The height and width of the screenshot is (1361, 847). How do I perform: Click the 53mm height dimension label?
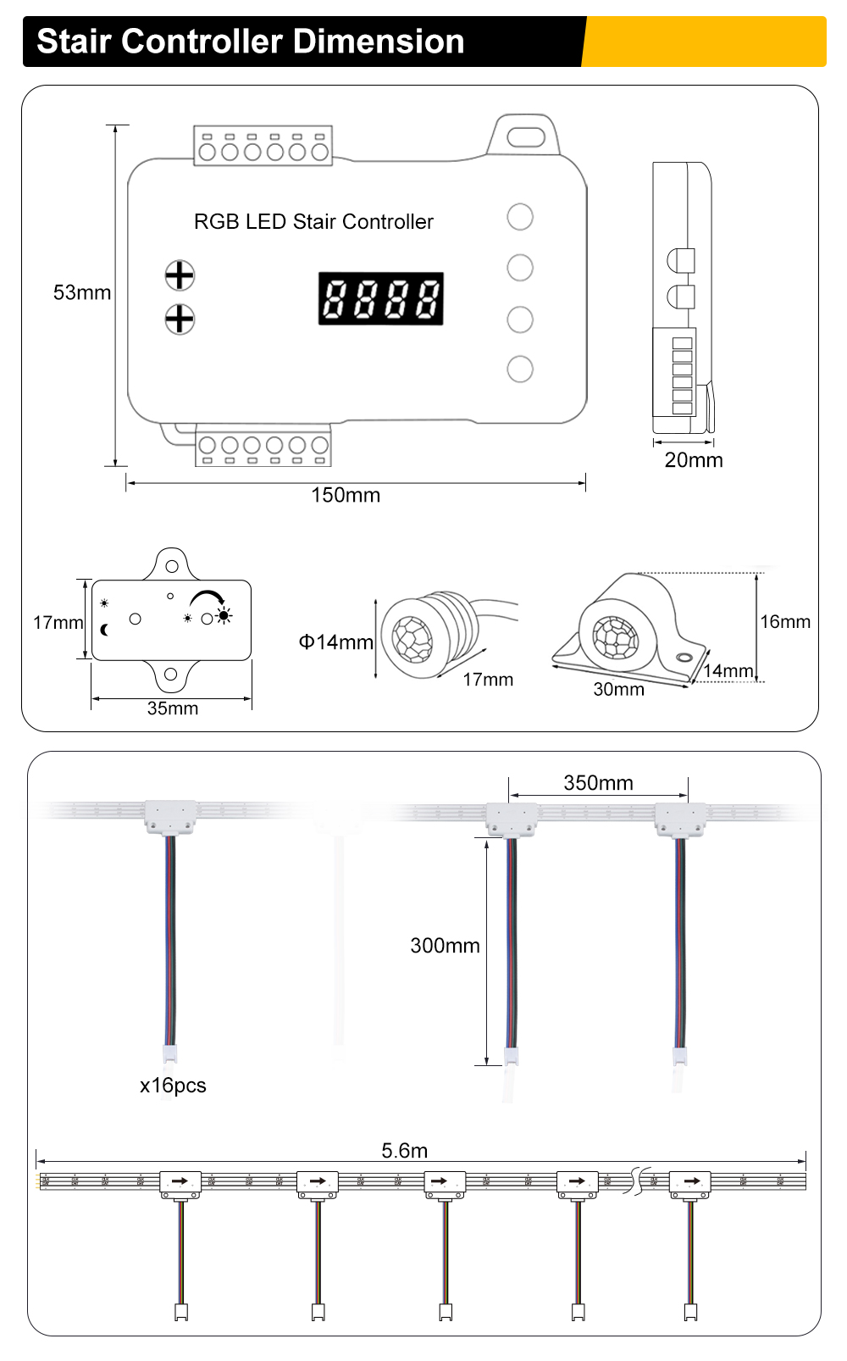click(x=82, y=292)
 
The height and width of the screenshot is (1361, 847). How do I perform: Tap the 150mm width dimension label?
click(x=346, y=495)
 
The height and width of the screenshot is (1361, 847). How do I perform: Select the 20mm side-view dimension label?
click(x=694, y=460)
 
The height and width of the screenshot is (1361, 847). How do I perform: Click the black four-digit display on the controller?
click(x=381, y=298)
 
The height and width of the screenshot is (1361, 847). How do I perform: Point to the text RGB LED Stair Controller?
click(x=313, y=222)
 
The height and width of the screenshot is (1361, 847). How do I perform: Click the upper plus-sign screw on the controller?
click(x=180, y=275)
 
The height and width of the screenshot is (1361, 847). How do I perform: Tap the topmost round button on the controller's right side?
click(x=520, y=217)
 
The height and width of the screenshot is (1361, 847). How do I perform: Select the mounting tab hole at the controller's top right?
click(x=526, y=136)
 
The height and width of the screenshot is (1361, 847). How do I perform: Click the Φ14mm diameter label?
click(x=335, y=642)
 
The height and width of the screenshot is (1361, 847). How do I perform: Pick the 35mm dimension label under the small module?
click(x=173, y=708)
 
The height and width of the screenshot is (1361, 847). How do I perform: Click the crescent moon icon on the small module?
click(x=105, y=630)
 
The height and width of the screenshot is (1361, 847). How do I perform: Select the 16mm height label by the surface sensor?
click(x=785, y=622)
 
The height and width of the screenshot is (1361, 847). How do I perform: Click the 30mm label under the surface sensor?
click(x=618, y=690)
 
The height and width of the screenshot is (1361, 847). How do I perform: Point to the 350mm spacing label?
click(x=598, y=783)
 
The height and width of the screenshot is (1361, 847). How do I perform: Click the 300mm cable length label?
click(x=445, y=946)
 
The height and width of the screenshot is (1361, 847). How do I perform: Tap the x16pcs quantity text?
click(x=173, y=1086)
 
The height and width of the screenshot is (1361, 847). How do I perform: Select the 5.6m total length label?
click(x=404, y=1151)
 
